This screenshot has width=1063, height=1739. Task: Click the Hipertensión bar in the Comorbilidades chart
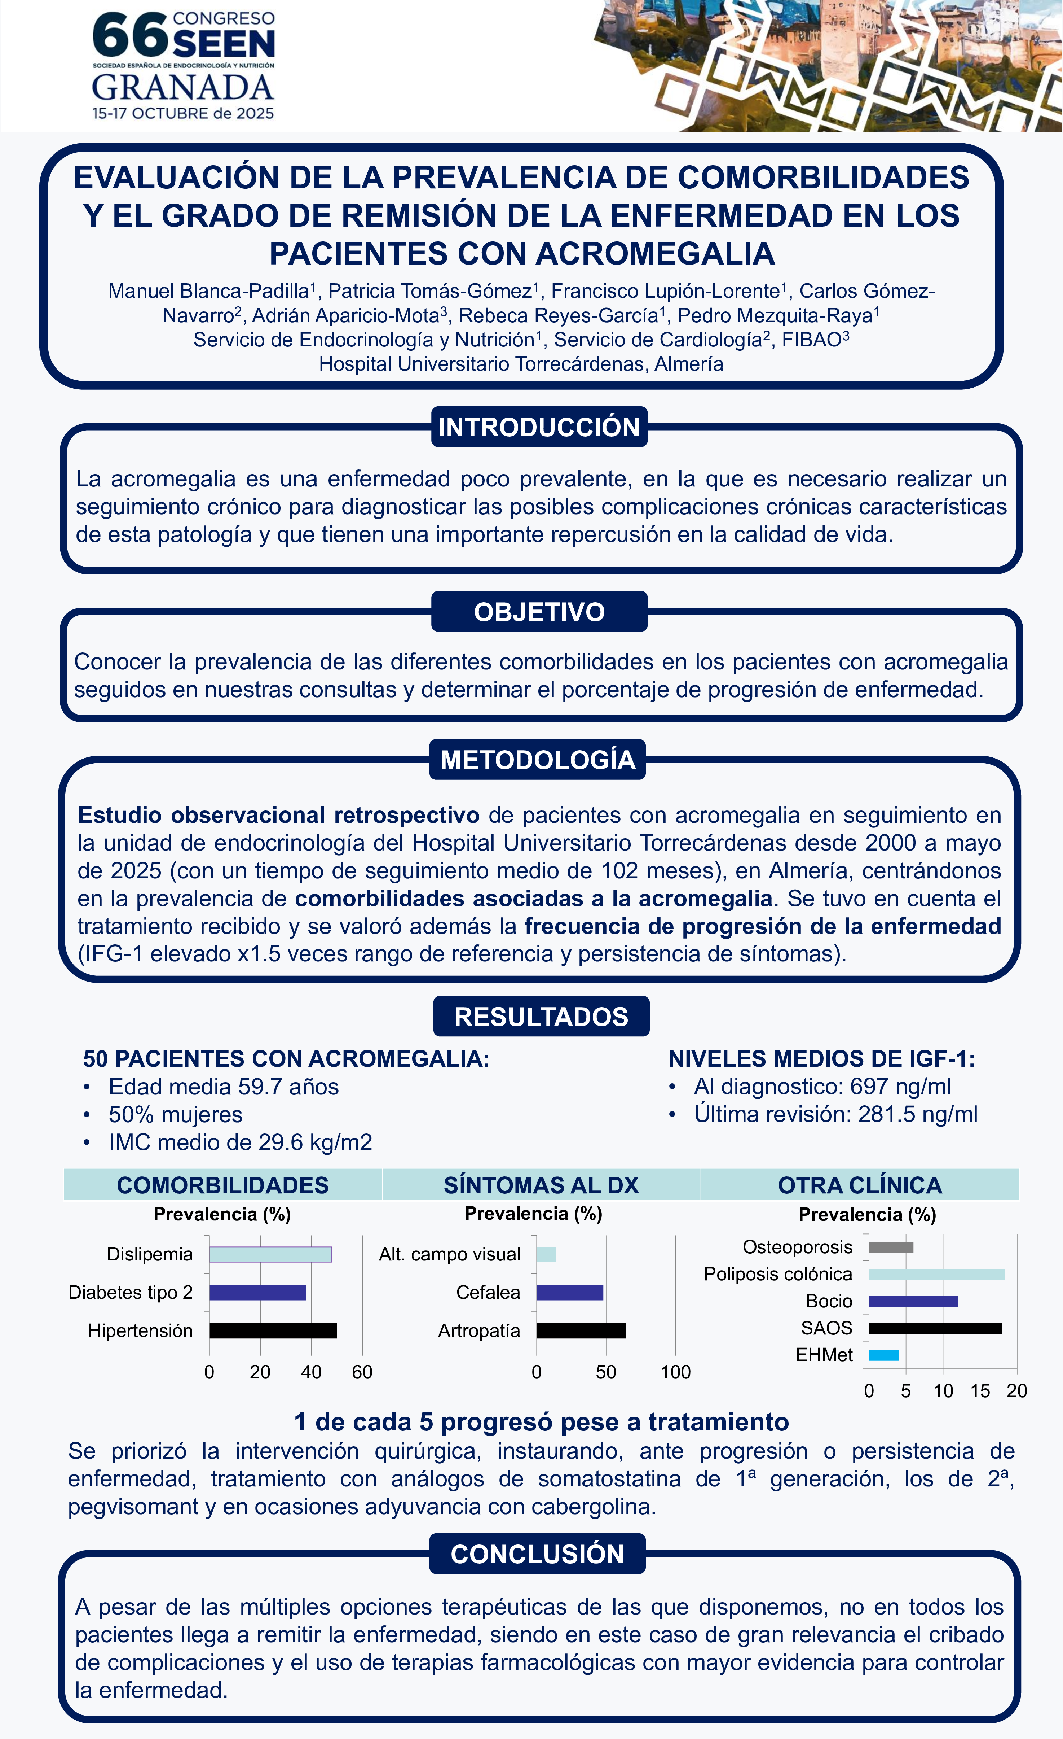(273, 1331)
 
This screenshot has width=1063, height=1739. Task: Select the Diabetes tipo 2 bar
(257, 1292)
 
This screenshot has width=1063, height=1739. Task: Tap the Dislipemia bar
(270, 1254)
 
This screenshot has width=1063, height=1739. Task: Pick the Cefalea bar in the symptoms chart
(570, 1292)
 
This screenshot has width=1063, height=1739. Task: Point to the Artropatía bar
(581, 1331)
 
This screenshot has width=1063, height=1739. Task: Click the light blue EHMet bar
(883, 1355)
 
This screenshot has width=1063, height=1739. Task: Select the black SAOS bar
(935, 1328)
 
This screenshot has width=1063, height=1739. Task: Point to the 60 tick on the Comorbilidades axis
(362, 1372)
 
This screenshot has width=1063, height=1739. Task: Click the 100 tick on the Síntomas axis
(675, 1372)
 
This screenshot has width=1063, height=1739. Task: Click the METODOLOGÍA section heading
(538, 759)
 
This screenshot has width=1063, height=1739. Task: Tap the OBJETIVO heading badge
(539, 611)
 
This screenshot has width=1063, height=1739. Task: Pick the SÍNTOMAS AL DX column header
(541, 1185)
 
